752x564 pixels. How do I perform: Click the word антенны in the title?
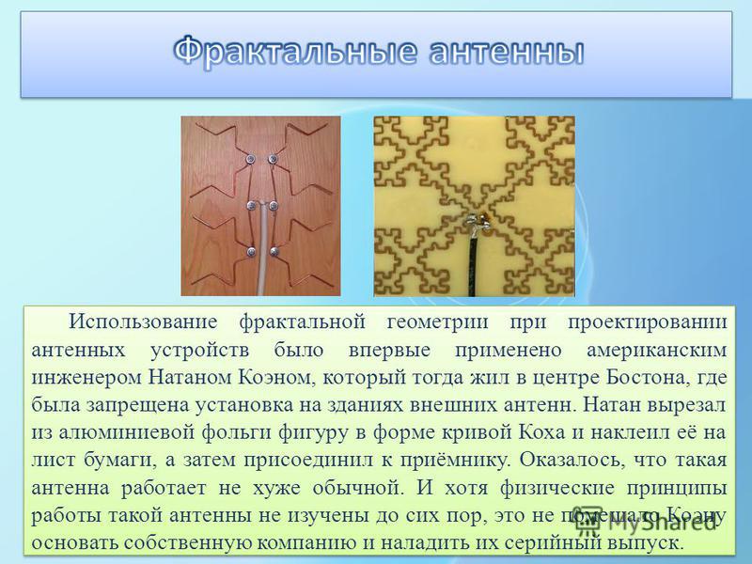(507, 53)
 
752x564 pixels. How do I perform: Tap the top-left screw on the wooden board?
(250, 159)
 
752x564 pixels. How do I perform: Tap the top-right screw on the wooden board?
(273, 159)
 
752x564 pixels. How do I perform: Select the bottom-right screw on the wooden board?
(274, 251)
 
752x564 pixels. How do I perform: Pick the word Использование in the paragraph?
(143, 321)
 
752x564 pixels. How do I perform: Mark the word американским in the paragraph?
(657, 351)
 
